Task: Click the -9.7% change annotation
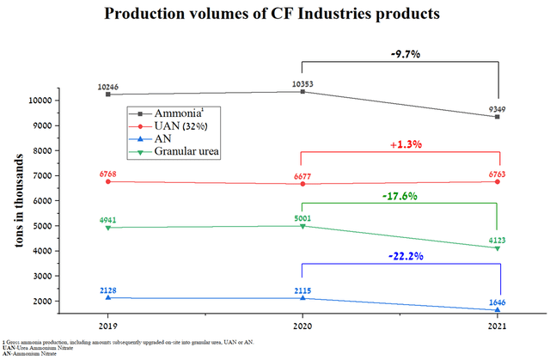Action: coord(400,54)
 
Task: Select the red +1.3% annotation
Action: coord(400,144)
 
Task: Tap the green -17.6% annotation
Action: coord(400,196)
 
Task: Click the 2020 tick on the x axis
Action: coord(301,327)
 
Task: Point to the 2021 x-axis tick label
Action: coord(498,327)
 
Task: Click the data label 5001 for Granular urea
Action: coord(302,217)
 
